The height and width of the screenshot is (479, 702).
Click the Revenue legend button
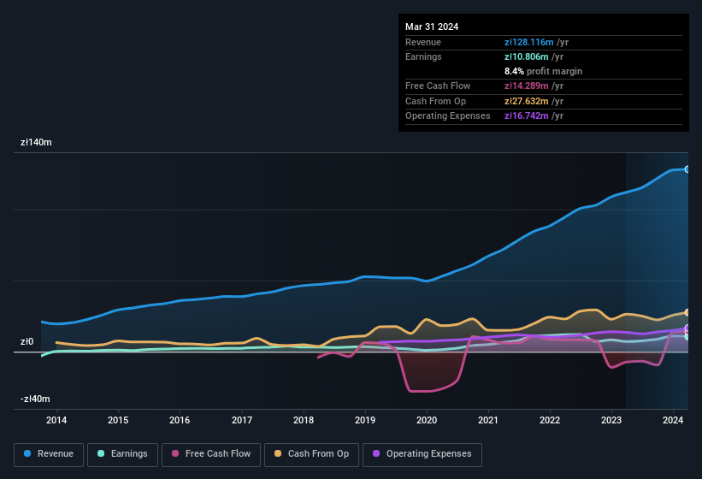tap(49, 454)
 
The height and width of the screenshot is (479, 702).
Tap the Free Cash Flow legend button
tap(211, 454)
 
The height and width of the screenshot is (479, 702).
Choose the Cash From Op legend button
tap(311, 454)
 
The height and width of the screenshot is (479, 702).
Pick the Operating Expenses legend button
tap(422, 454)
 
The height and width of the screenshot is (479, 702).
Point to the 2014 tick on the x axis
tap(56, 420)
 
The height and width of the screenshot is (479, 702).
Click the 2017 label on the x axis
tap(242, 420)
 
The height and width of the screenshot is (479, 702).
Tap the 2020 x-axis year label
tap(427, 420)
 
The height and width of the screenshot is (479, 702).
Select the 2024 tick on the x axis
tap(673, 420)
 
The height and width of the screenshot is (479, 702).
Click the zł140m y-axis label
tap(36, 143)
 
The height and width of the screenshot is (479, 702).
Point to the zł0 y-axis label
tap(27, 342)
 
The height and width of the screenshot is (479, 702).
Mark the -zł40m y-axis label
tap(35, 399)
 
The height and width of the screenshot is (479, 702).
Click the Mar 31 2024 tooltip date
tap(432, 27)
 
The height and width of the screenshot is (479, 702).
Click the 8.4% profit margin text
tap(543, 71)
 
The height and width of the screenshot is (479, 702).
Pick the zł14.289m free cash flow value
tap(530, 86)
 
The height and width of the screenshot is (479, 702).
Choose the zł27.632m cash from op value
tap(530, 101)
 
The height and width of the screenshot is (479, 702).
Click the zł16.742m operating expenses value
tap(530, 115)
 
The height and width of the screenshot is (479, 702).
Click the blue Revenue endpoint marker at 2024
tap(687, 169)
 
